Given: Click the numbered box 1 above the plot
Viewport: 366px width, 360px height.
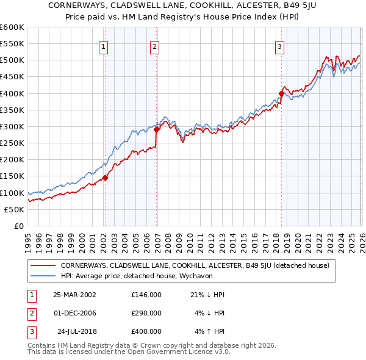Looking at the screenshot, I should [104, 46].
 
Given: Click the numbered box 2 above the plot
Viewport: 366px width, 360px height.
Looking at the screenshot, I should [155, 46].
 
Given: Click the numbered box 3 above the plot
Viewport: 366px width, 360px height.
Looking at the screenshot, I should [279, 46].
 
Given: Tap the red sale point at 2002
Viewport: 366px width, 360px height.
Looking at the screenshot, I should [105, 178].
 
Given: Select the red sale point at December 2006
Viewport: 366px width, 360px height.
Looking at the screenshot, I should [156, 129].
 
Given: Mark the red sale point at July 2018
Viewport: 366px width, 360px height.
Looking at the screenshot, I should [281, 93].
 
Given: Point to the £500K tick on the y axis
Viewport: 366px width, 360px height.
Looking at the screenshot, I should [12, 60].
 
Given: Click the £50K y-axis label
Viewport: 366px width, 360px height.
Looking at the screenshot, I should [14, 209].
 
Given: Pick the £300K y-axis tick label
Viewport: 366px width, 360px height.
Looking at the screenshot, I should [12, 126].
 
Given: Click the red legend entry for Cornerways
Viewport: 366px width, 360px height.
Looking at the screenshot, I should [195, 265].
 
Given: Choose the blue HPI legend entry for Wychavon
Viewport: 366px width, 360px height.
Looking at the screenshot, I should [152, 276].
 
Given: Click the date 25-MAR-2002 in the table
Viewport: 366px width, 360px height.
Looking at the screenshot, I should [75, 294].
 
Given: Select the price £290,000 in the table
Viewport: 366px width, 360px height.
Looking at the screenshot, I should [146, 313].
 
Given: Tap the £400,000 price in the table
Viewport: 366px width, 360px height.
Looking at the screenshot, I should [146, 332].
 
